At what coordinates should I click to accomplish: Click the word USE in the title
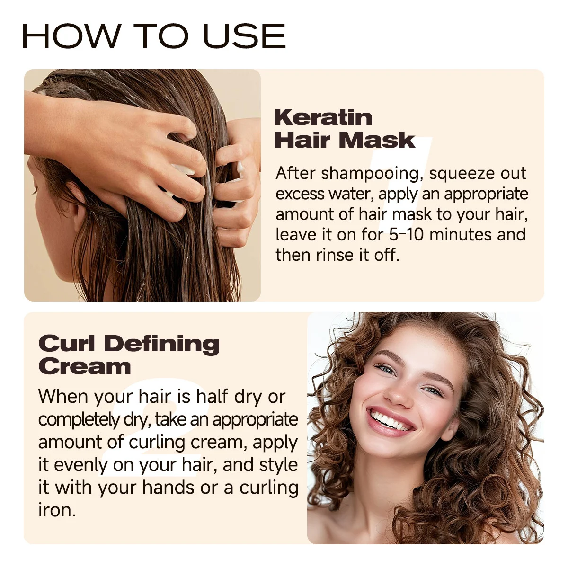(x=244, y=35)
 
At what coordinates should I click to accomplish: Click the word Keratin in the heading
(x=323, y=117)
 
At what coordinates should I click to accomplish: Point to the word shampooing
(x=370, y=174)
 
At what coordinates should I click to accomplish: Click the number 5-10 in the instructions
(x=406, y=234)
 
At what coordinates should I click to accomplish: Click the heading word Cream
(x=85, y=366)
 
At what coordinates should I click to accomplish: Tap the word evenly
(x=81, y=466)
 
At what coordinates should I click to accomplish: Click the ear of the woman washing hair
(x=77, y=204)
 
